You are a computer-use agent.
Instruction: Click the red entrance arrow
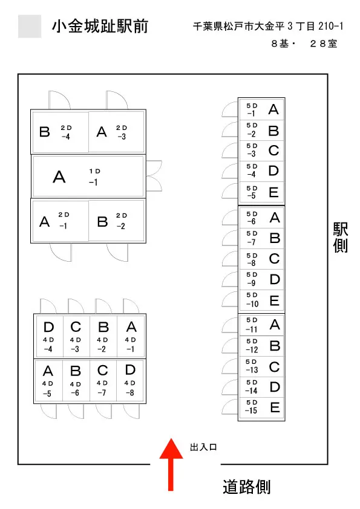(x=171, y=464)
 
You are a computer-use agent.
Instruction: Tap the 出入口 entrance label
(x=203, y=447)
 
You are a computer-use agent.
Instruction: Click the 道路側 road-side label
(x=247, y=487)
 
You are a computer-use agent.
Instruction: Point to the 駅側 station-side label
(x=340, y=238)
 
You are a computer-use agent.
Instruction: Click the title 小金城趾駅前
(x=100, y=26)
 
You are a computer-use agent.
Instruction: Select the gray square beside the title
(x=30, y=26)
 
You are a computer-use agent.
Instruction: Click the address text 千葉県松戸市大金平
(x=239, y=26)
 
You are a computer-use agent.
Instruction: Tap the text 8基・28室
(x=304, y=44)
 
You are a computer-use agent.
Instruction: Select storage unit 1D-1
(x=88, y=177)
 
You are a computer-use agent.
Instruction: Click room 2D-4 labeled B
(x=60, y=131)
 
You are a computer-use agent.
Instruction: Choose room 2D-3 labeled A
(x=116, y=131)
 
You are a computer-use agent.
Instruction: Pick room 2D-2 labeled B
(x=116, y=221)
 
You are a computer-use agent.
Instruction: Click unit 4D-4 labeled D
(x=49, y=336)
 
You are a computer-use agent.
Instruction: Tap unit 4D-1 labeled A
(x=131, y=336)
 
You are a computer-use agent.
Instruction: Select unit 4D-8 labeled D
(x=130, y=381)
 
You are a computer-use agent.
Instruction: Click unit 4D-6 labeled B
(x=76, y=381)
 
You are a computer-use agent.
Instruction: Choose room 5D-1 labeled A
(x=261, y=109)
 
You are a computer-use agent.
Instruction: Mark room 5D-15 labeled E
(x=261, y=407)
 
